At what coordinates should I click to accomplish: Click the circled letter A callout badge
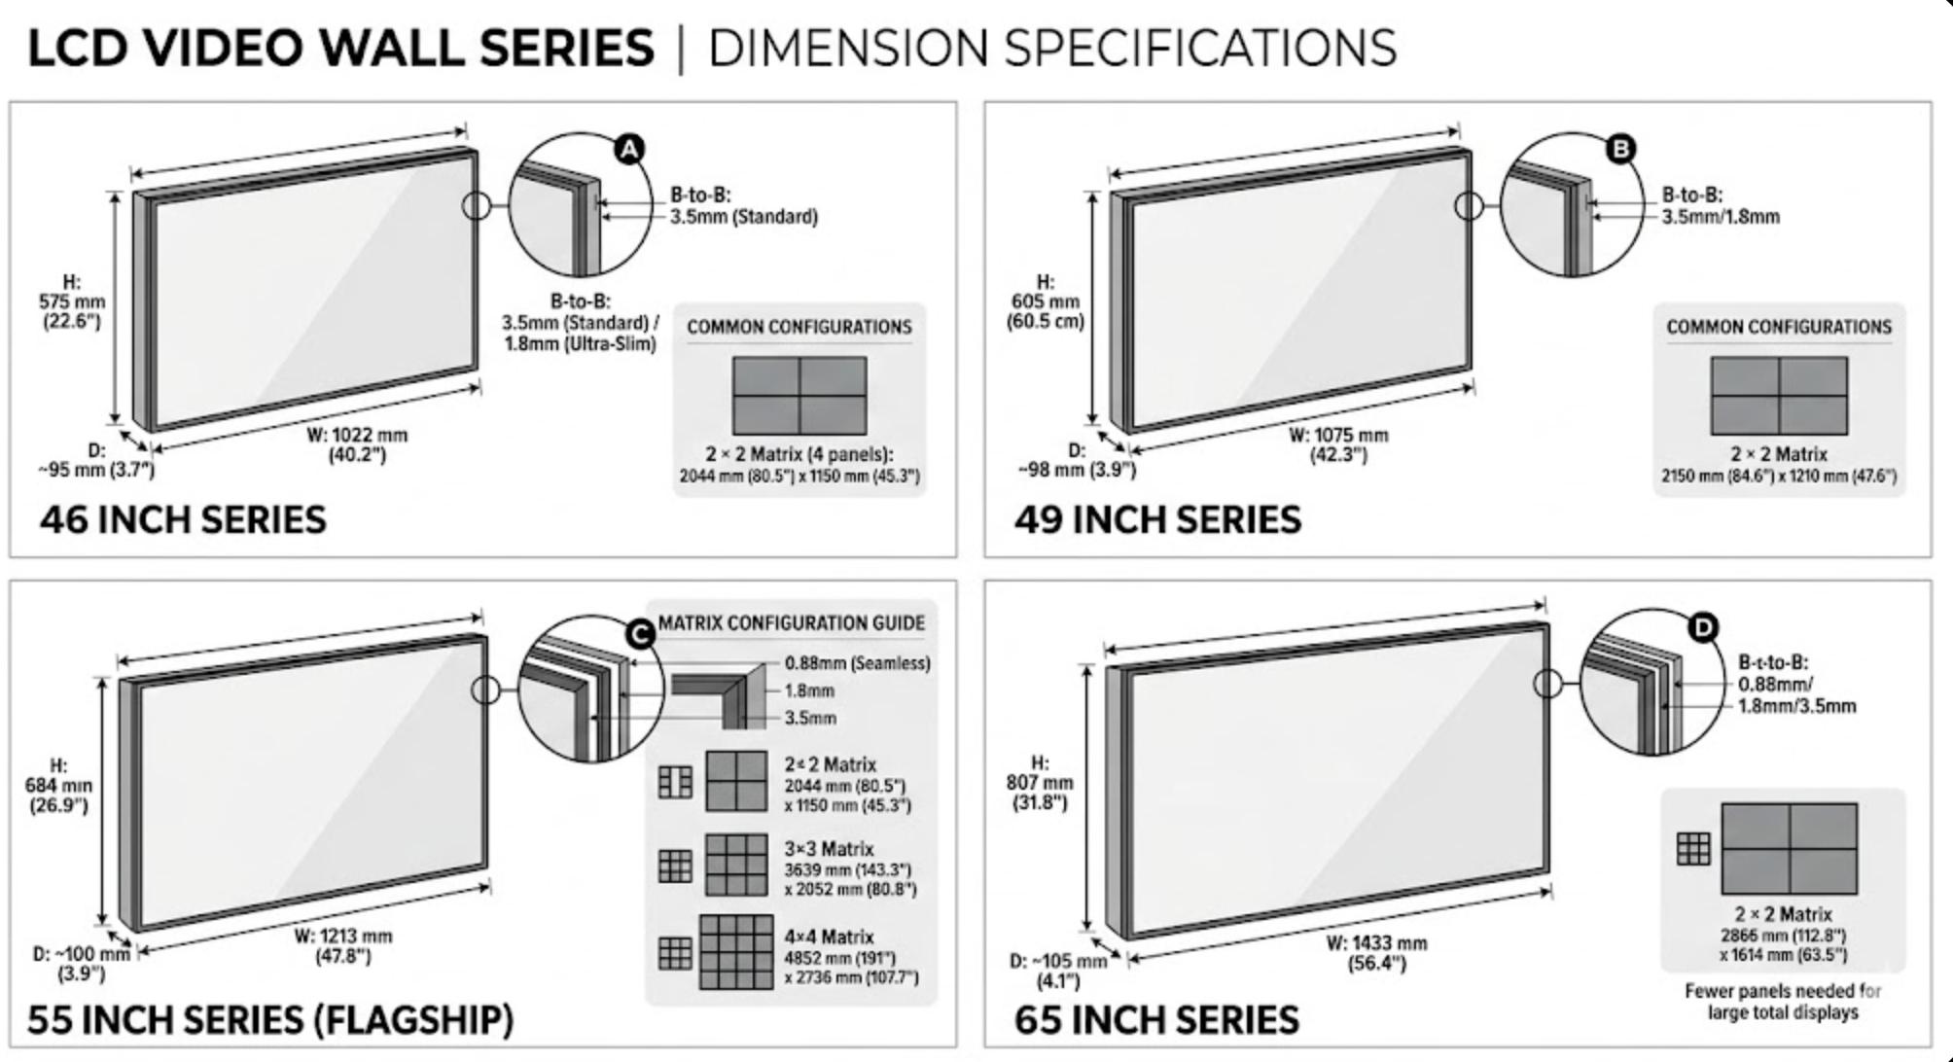630,149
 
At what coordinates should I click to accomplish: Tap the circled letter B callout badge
1619,148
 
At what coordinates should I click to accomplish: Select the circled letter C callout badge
640,634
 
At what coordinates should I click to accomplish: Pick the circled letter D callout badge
1703,628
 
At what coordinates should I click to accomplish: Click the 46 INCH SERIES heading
183,519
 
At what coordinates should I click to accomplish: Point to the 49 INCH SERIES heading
1157,519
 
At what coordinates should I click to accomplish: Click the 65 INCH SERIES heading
1156,1019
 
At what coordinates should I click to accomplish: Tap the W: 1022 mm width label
357,444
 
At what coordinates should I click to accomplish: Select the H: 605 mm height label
1045,301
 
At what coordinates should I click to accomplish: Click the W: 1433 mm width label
1376,953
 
